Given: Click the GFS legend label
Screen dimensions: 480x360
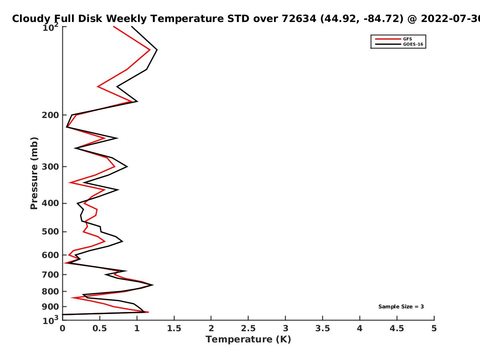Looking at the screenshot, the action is coord(407,39).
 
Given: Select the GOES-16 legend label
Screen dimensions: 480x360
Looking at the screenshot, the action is coord(413,44).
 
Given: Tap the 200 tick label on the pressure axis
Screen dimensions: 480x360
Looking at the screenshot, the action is coord(50,115).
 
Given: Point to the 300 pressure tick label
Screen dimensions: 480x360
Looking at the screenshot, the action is coord(50,166).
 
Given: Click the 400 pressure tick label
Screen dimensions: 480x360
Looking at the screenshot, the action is coord(50,203).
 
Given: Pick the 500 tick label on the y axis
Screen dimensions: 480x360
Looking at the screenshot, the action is coord(50,232).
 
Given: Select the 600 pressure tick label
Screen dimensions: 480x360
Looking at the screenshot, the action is coord(50,255).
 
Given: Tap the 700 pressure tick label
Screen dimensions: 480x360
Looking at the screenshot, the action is coord(50,274).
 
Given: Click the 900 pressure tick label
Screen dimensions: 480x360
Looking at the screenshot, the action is coord(50,307).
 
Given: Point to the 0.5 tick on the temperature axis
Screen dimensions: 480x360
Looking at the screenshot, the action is coord(100,328).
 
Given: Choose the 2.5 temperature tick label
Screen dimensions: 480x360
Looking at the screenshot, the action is coord(248,328).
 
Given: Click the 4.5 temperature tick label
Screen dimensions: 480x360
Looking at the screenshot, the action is coord(397,328).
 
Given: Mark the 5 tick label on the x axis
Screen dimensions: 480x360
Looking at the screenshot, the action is coord(434,328).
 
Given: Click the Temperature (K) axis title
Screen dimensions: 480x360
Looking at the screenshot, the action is coord(248,340).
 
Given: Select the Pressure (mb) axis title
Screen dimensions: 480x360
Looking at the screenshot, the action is coord(34,173).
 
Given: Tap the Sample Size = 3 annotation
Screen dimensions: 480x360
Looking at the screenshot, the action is coord(401,307).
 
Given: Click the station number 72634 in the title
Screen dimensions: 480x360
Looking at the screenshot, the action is coord(299,19).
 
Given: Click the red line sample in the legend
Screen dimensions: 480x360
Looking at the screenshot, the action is coord(388,39).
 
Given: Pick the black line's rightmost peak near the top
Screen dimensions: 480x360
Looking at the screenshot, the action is coord(157,50).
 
